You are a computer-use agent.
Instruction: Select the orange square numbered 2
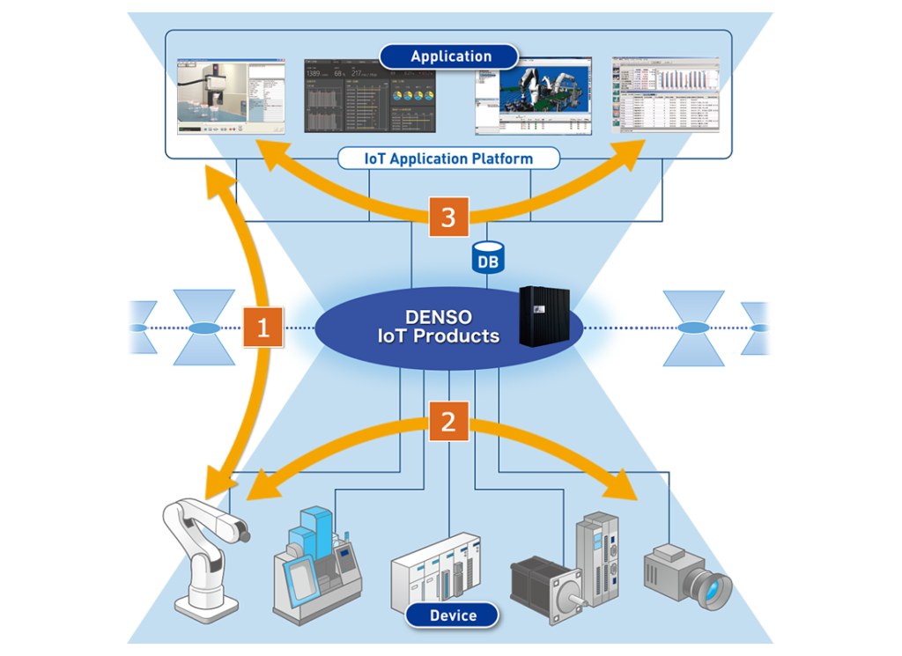tap(448, 422)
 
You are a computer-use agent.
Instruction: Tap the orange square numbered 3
tap(448, 217)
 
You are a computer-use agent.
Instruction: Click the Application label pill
tap(450, 56)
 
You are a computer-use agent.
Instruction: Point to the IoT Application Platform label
tap(449, 158)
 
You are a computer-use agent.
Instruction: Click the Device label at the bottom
tap(452, 615)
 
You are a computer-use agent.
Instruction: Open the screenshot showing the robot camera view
tap(231, 96)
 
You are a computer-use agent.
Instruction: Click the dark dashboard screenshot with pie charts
tap(370, 96)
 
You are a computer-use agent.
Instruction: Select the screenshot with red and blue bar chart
tap(666, 95)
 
